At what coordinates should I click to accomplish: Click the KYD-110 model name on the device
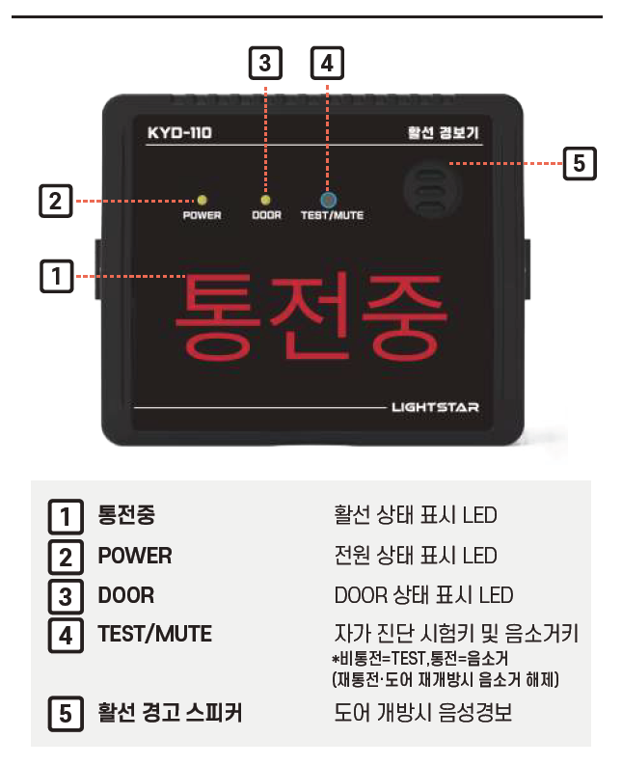(x=179, y=133)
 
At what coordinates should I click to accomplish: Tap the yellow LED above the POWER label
(x=202, y=200)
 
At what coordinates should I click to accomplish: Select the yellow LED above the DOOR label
(x=265, y=200)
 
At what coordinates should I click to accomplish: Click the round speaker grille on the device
(x=433, y=189)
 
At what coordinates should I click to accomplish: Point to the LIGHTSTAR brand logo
(x=435, y=407)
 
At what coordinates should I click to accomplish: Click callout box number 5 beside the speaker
(x=580, y=163)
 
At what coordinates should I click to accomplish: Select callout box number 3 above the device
(x=265, y=63)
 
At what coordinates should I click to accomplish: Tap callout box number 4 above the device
(x=327, y=63)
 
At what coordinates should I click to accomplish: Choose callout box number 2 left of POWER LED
(x=56, y=201)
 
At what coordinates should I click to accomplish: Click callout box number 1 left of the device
(x=57, y=276)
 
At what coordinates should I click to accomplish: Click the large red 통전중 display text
(x=311, y=316)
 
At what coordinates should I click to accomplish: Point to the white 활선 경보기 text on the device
(x=443, y=133)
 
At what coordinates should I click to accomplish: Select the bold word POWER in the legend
(x=135, y=556)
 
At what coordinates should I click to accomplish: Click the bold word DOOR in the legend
(x=126, y=595)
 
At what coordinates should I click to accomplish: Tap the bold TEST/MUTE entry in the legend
(x=155, y=634)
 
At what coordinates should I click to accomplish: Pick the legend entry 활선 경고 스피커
(x=170, y=713)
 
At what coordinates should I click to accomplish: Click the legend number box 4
(x=66, y=636)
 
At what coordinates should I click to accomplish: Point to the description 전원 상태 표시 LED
(x=416, y=556)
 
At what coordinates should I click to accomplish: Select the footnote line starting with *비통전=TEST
(x=420, y=659)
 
